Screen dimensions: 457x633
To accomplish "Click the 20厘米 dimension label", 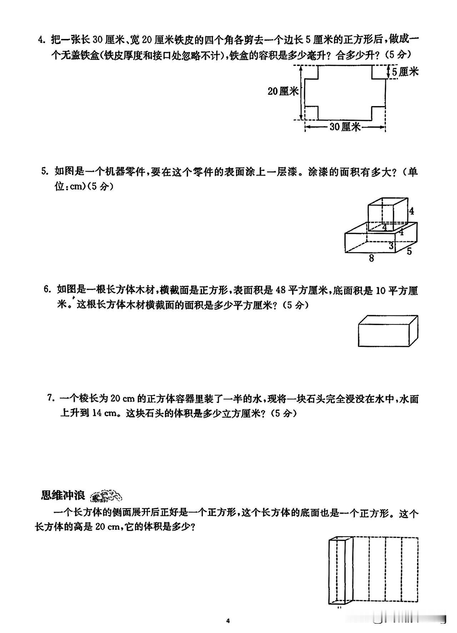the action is point(283,91).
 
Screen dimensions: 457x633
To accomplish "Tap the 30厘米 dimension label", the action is point(345,126).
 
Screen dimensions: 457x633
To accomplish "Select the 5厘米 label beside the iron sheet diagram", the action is point(405,72).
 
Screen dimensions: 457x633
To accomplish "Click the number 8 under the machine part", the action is point(371,258).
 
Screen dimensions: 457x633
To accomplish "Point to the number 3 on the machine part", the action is point(391,245).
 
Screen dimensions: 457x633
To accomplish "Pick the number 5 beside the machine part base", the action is point(409,251).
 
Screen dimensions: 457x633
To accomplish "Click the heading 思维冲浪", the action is point(63,496).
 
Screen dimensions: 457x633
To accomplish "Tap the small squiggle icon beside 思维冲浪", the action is point(106,496).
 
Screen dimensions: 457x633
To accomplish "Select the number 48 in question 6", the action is point(281,290).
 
